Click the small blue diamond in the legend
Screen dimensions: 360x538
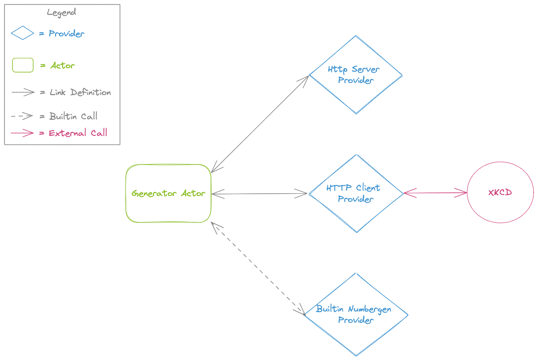pos(22,33)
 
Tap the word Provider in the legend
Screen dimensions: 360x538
pos(66,34)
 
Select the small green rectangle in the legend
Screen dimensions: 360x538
pos(23,65)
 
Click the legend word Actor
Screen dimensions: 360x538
pos(63,65)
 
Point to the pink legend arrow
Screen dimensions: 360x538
pos(22,133)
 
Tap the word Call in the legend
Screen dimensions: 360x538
pos(99,133)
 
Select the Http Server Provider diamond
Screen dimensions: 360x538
pos(356,54)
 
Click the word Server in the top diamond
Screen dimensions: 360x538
pos(366,69)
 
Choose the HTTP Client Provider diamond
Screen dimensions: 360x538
pos(356,215)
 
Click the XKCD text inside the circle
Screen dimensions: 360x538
pos(500,193)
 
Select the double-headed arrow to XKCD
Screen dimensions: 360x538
pos(435,193)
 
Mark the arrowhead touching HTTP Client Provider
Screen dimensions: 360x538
pos(409,193)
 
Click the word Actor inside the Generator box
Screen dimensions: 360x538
pos(193,194)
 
